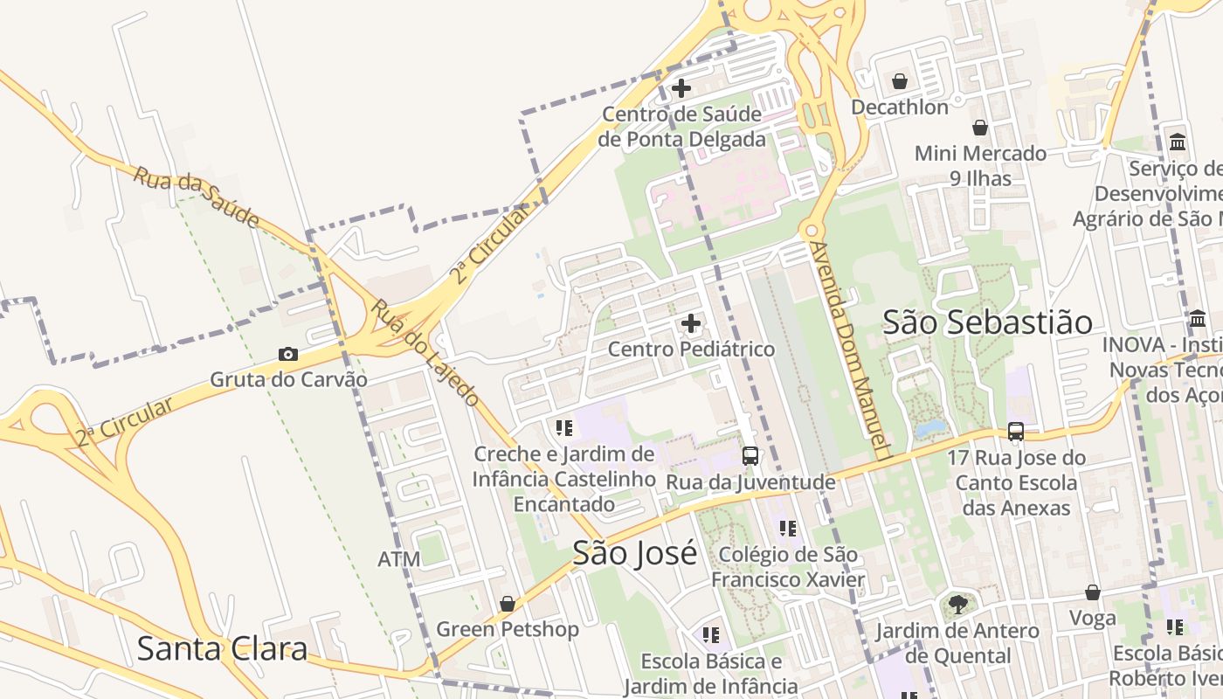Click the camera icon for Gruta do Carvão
pos(288,354)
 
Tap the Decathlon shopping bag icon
pos(900,82)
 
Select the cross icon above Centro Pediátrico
pos(691,324)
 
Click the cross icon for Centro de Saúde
pos(681,88)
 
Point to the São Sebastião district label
pos(987,322)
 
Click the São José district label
pos(635,553)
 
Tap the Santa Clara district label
pos(223,649)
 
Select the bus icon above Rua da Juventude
pos(750,455)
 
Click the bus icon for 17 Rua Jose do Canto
pos(1015,432)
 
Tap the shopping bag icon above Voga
pos(1092,592)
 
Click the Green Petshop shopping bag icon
pos(507,604)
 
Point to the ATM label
pos(399,559)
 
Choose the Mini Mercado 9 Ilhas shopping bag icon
pos(980,128)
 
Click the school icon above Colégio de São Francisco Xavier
pos(788,529)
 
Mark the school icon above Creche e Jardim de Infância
pos(563,428)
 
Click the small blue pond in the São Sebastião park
pos(931,428)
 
